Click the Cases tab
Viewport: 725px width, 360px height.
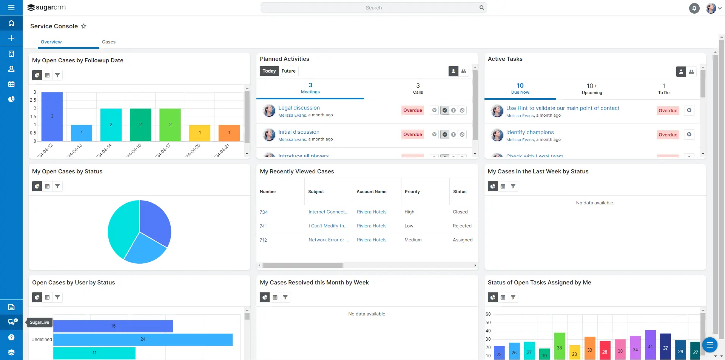point(108,42)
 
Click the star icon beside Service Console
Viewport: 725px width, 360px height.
point(84,26)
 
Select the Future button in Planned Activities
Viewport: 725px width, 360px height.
point(288,71)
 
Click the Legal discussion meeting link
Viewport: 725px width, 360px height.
point(299,108)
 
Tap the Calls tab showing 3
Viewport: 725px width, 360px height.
point(418,88)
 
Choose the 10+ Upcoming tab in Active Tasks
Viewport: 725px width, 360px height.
point(592,89)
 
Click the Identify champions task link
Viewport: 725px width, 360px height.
point(530,132)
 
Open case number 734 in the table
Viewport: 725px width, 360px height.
point(264,212)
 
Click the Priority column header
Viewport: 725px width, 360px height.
point(412,192)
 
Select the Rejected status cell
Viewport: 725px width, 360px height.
point(462,226)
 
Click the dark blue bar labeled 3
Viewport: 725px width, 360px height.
point(52,116)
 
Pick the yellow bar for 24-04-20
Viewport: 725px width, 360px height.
point(199,133)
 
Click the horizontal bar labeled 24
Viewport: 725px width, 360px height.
point(143,339)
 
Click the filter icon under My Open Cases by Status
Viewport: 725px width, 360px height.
point(57,186)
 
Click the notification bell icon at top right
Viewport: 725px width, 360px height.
point(694,8)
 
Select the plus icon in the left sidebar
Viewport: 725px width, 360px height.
point(11,38)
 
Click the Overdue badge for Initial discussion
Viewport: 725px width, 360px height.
point(412,134)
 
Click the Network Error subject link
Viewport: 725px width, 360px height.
point(329,240)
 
